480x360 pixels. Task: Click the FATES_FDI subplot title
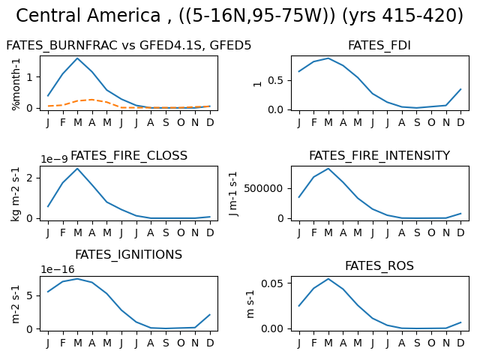(379, 45)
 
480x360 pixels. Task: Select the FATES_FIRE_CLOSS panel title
(129, 155)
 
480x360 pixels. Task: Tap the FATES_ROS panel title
(379, 265)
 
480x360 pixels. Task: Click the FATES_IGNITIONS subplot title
(128, 254)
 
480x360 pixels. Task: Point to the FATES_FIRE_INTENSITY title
(379, 155)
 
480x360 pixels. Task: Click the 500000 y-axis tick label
(263, 188)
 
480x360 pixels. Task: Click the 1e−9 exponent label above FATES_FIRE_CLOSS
(54, 159)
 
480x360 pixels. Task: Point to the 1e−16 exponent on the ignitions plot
(58, 269)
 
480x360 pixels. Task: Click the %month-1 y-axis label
(15, 84)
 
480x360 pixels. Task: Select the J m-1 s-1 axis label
(233, 193)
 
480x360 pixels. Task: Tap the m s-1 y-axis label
(250, 304)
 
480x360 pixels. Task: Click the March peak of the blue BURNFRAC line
(77, 58)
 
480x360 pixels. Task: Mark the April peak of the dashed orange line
(91, 100)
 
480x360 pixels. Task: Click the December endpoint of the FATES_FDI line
(460, 89)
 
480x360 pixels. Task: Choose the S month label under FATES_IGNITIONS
(166, 343)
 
